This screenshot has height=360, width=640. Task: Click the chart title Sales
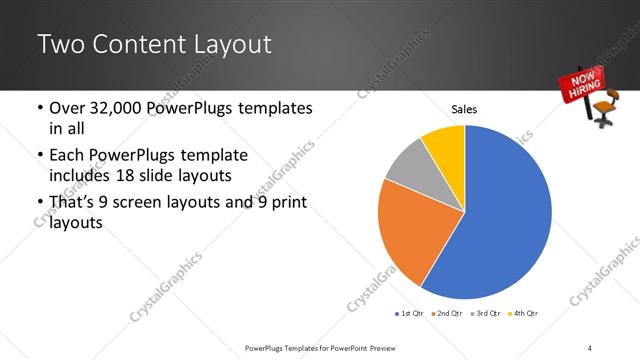(464, 108)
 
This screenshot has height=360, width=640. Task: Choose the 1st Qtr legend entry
(411, 314)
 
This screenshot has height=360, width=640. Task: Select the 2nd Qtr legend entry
(447, 314)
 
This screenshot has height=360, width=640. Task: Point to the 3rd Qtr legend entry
(486, 314)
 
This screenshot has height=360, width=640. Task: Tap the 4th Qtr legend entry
(523, 314)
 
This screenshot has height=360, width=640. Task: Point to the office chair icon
(604, 107)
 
